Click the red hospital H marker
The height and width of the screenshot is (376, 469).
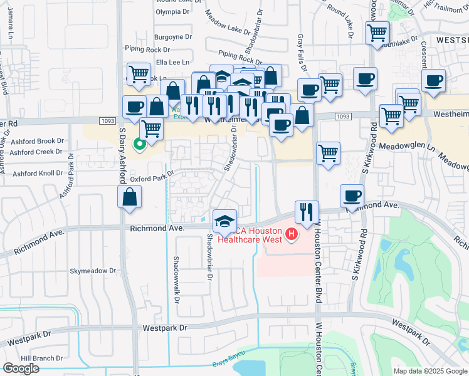291,235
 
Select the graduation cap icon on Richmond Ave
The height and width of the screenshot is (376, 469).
225,221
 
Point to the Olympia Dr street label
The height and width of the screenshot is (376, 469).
172,12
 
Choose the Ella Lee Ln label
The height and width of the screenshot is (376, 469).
173,62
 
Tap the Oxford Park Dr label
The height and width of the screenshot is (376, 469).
151,178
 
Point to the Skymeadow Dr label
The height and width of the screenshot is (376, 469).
93,271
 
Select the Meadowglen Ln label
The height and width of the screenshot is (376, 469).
408,145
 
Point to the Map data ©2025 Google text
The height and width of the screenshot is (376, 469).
430,371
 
